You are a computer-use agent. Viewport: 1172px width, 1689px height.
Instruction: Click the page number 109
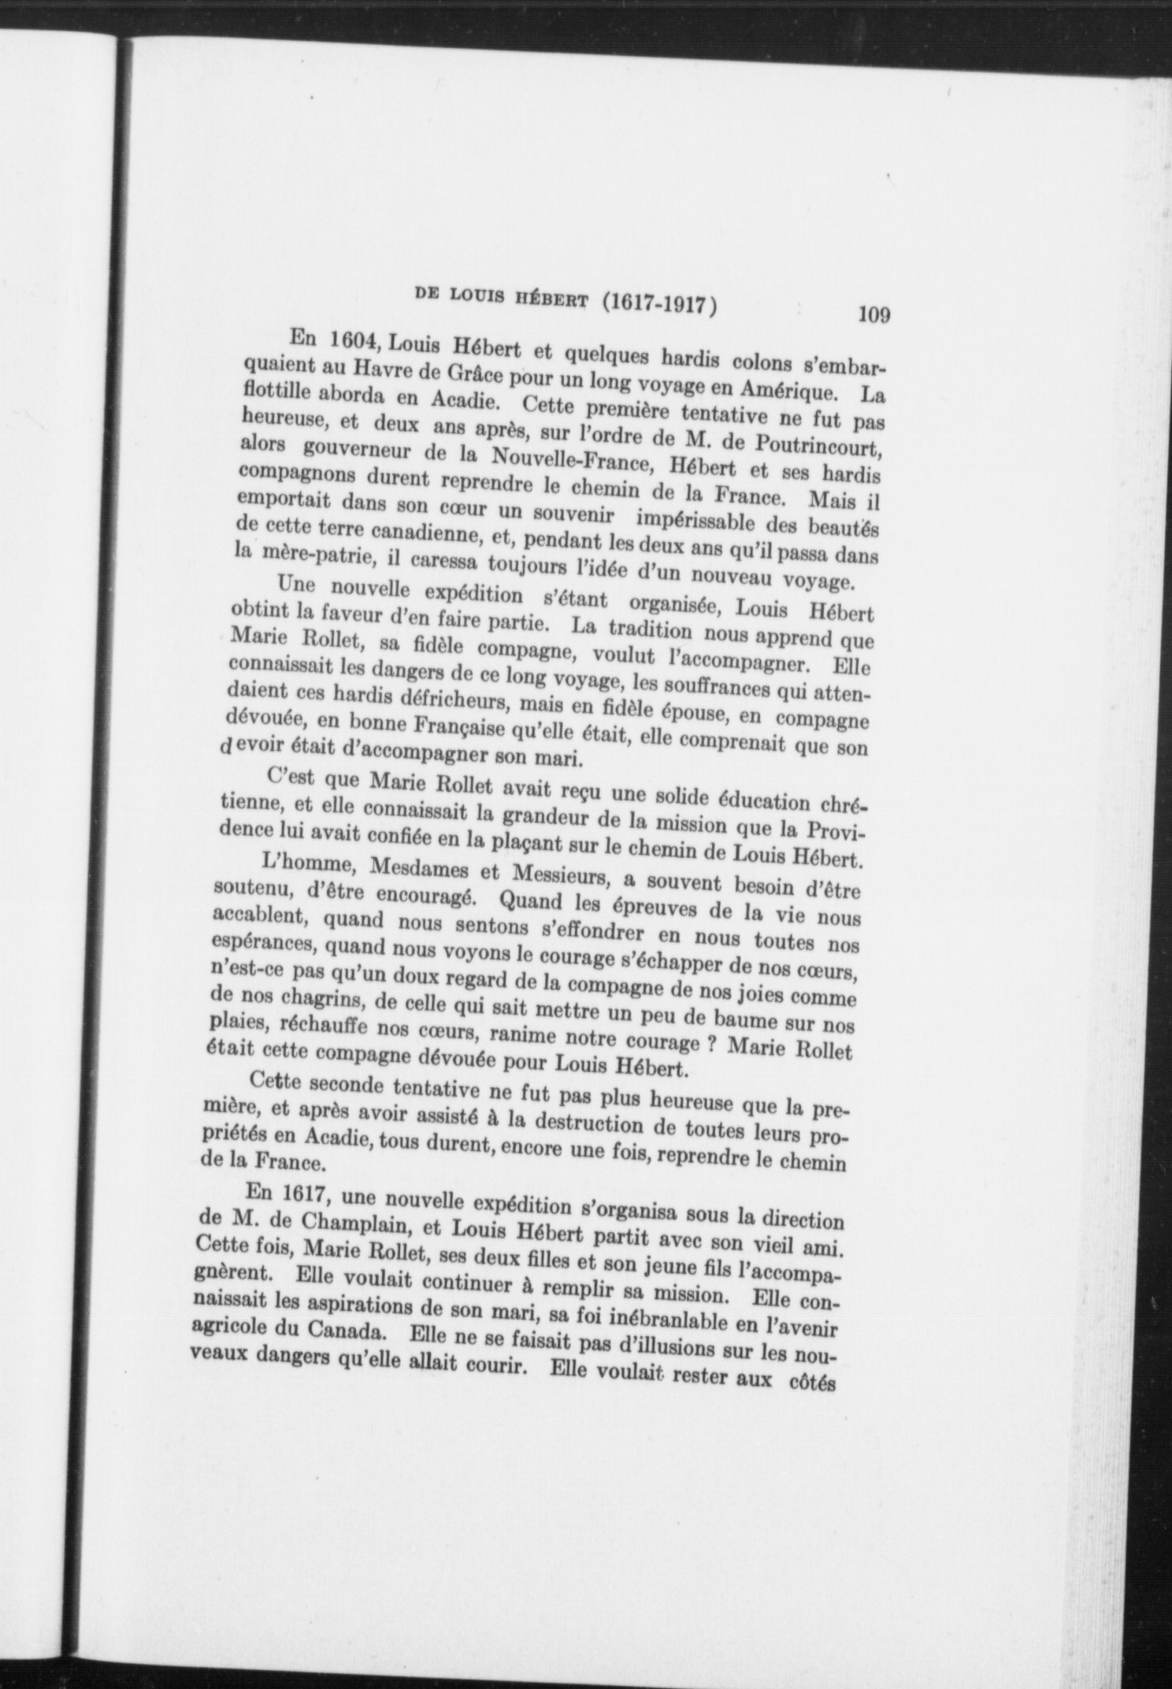pyautogui.click(x=874, y=315)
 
